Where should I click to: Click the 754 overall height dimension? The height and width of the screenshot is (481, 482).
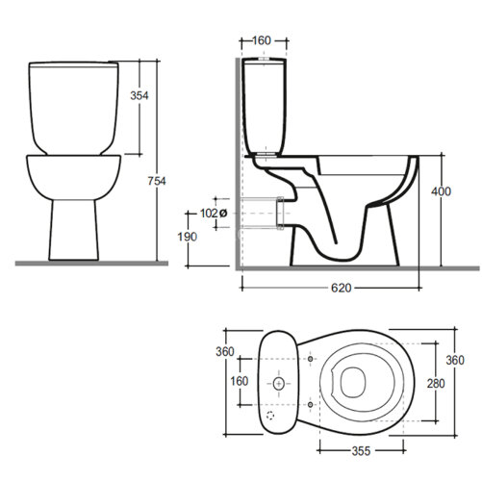point(157,181)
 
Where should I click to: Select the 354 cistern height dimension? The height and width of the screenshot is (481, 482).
point(140,95)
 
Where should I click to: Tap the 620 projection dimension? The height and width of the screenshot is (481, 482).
point(342,288)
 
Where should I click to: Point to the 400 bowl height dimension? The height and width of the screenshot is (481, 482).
point(442,191)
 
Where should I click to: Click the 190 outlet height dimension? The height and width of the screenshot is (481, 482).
point(188,237)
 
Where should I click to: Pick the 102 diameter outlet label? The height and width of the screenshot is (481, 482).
point(214,213)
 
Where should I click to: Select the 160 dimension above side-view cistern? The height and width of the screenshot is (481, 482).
point(262,40)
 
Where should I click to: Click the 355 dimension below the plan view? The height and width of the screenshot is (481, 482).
point(361,451)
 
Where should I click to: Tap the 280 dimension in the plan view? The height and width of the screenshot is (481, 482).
point(436,383)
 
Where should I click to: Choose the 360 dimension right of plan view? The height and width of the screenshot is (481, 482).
point(455,360)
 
